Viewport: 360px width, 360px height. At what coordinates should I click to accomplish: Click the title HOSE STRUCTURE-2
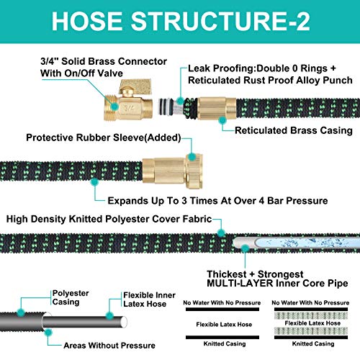180,22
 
